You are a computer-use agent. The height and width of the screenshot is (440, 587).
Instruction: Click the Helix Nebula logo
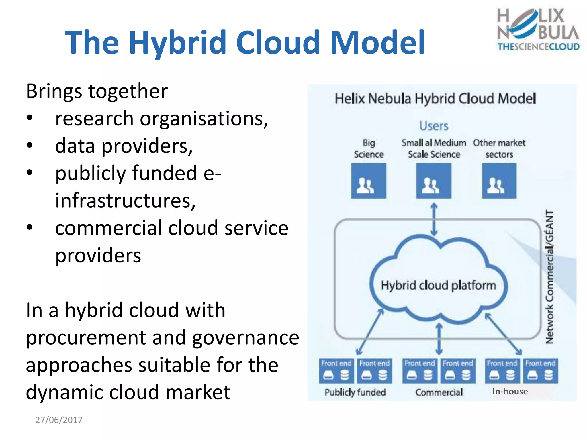(538, 29)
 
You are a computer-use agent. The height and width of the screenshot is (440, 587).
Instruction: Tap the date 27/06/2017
(59, 420)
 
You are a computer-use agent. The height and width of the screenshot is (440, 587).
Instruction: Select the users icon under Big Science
(369, 181)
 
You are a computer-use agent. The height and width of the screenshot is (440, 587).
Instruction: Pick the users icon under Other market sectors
(499, 181)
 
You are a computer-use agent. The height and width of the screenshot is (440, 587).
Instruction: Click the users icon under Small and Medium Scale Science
(434, 181)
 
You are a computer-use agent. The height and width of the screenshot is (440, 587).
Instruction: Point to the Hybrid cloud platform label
(438, 285)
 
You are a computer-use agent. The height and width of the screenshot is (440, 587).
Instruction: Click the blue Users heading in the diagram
(434, 126)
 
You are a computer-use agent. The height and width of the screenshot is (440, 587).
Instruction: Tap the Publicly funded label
(355, 392)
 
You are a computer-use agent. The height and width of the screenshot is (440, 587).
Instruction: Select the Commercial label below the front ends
(439, 392)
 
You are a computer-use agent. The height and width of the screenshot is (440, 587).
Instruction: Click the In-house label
(510, 391)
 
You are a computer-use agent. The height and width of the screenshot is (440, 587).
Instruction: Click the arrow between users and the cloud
(434, 219)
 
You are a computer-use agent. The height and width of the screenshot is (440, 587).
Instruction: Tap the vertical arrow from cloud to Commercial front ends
(439, 339)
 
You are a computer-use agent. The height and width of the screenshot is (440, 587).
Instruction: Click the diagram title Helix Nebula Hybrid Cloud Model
(435, 99)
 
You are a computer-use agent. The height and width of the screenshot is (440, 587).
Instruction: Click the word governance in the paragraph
(246, 337)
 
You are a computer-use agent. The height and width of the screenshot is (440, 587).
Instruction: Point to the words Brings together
(97, 91)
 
